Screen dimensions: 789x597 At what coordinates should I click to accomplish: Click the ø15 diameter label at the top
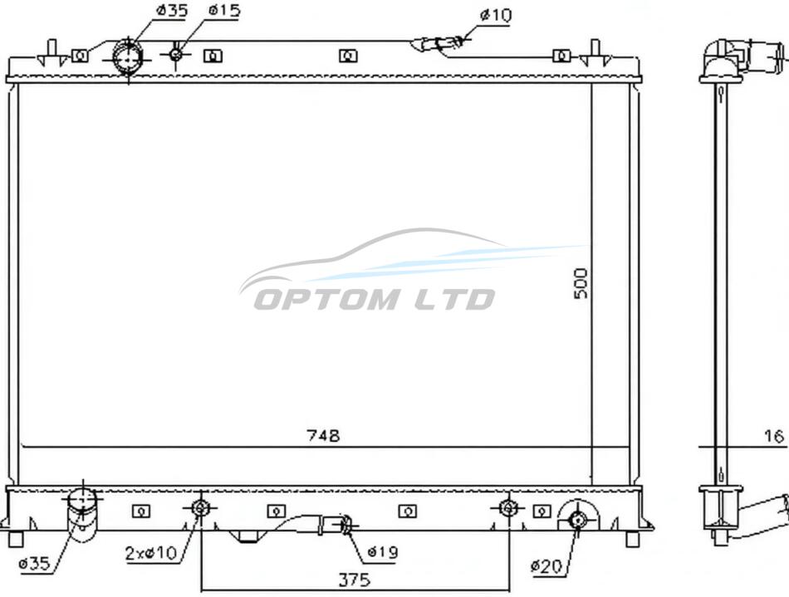point(224,11)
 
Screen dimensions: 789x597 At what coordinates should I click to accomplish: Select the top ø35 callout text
point(172,10)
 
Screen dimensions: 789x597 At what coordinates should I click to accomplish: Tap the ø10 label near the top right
point(496,16)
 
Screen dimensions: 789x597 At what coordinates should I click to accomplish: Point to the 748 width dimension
point(324,435)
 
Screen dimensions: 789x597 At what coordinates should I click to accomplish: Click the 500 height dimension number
point(581,283)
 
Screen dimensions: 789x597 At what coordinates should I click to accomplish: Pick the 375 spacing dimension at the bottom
point(355,580)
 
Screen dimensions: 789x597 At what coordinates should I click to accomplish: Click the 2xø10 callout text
point(151,553)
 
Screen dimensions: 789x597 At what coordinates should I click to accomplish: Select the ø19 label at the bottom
point(382,552)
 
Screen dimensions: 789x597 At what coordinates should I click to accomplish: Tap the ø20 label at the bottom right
point(546,566)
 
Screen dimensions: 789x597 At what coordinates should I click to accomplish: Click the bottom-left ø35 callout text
point(34,563)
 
